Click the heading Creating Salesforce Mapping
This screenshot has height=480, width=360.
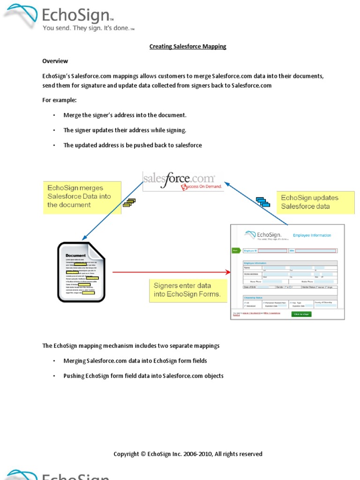[x=187, y=46]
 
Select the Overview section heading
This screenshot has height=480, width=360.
[x=55, y=61]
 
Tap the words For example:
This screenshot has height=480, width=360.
[x=59, y=100]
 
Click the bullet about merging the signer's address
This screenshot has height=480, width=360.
[x=125, y=115]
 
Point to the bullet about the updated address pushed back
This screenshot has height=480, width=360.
[x=133, y=145]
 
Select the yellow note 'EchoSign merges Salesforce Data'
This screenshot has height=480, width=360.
[x=82, y=197]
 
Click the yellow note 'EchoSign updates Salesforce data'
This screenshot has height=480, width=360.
[x=315, y=202]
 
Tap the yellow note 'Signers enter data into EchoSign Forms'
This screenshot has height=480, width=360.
[x=187, y=290]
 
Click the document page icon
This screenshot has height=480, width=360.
[x=82, y=271]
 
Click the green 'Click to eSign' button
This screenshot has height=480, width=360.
[x=301, y=314]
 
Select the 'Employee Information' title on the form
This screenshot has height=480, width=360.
[x=312, y=235]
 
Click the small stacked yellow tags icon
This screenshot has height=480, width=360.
[x=128, y=202]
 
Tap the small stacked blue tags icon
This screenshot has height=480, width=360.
[x=263, y=202]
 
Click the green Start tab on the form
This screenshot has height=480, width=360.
[x=235, y=250]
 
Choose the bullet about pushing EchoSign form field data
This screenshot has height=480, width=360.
[x=143, y=376]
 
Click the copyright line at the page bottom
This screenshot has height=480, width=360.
[x=187, y=454]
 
